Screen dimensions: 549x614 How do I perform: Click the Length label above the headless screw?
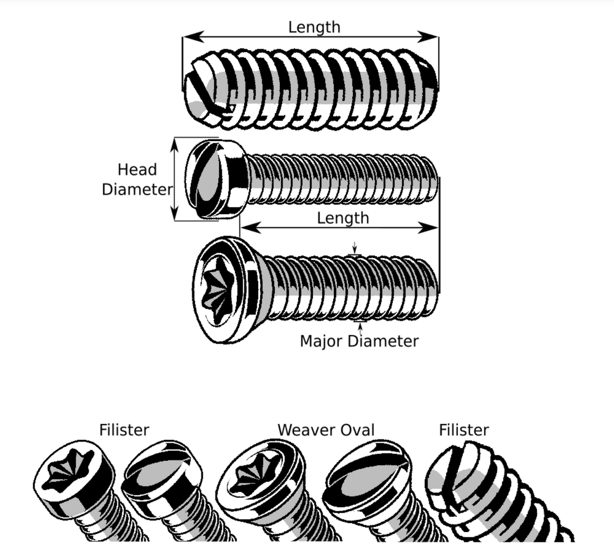pyautogui.click(x=314, y=27)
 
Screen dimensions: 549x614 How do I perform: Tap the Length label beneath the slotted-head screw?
pyautogui.click(x=343, y=217)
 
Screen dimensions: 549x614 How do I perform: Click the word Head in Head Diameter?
pyautogui.click(x=137, y=170)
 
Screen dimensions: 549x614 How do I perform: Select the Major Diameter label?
pyautogui.click(x=359, y=341)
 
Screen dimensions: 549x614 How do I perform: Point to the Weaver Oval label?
pyautogui.click(x=326, y=430)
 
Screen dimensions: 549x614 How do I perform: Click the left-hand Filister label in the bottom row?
pyautogui.click(x=124, y=430)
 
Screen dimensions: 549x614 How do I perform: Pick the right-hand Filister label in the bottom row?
pyautogui.click(x=463, y=430)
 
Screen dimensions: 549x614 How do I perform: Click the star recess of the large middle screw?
pyautogui.click(x=215, y=290)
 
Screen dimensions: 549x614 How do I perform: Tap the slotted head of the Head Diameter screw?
pyautogui.click(x=205, y=178)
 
